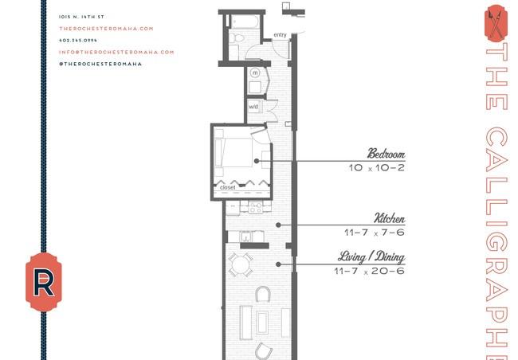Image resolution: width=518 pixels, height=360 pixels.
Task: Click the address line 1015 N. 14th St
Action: (x=81, y=17)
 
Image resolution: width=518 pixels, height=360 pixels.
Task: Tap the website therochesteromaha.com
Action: (x=106, y=29)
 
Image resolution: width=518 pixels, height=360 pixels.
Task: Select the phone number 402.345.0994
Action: (x=78, y=41)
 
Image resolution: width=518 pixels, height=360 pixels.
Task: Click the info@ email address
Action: (x=116, y=53)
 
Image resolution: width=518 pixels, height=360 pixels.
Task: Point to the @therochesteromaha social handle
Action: (x=100, y=64)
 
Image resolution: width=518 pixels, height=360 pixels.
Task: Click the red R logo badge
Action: (x=44, y=283)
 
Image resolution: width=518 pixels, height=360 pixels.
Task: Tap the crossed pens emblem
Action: (x=496, y=23)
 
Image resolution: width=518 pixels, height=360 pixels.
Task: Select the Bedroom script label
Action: (x=387, y=154)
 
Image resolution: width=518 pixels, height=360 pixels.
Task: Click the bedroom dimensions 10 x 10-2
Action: (x=377, y=168)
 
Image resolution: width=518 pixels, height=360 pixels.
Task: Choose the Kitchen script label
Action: (x=390, y=218)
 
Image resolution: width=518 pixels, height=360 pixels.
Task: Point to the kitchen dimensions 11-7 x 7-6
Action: (x=375, y=233)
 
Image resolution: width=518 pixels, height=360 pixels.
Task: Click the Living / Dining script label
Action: (x=371, y=257)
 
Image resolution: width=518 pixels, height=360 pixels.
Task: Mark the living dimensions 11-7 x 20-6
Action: (x=369, y=271)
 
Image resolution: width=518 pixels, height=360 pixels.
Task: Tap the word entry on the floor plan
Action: (x=280, y=35)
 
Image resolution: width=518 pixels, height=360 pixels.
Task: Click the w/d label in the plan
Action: (x=253, y=107)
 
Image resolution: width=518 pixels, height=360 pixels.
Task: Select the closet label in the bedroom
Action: (x=228, y=187)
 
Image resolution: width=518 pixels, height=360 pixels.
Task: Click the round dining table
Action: (x=241, y=265)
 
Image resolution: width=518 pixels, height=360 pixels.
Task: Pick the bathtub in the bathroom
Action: (x=245, y=22)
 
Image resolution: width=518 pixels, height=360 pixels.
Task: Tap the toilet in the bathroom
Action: (x=236, y=38)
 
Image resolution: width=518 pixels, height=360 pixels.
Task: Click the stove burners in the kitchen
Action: (x=256, y=208)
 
